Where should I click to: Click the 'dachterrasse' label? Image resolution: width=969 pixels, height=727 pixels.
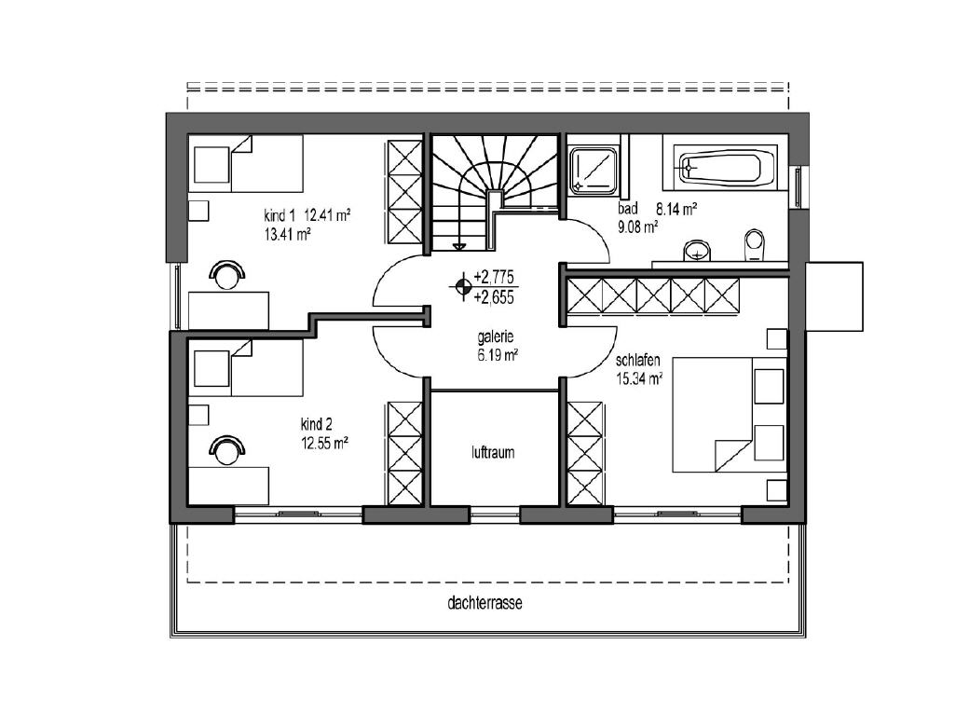coord(484,603)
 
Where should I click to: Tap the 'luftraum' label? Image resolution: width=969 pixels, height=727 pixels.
coord(493,453)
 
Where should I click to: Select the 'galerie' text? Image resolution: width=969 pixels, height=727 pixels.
coord(496,336)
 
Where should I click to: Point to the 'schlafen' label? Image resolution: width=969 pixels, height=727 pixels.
coord(637,360)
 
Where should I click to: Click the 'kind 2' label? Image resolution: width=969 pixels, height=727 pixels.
coord(317,425)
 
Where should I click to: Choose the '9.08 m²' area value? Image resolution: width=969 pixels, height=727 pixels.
coord(637,226)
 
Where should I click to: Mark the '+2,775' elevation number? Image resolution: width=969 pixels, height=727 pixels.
coord(494,276)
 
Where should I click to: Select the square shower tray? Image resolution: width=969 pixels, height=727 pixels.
coord(594,168)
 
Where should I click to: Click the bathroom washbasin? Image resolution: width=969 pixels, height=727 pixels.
coord(698,251)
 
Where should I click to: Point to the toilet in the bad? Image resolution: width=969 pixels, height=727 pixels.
coord(755,245)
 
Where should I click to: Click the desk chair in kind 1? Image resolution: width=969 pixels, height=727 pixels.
coord(226,274)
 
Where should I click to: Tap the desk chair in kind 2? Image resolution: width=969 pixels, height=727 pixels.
coord(226,449)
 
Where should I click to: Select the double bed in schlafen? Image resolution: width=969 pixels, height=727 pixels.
coord(730,414)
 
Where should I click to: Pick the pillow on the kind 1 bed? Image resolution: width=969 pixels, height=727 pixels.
coord(212,164)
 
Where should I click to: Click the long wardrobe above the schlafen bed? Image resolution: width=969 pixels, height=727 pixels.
coord(653,295)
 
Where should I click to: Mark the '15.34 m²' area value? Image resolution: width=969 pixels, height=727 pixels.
coord(639,378)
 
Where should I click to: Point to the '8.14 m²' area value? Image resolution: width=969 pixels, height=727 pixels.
coord(676,209)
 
